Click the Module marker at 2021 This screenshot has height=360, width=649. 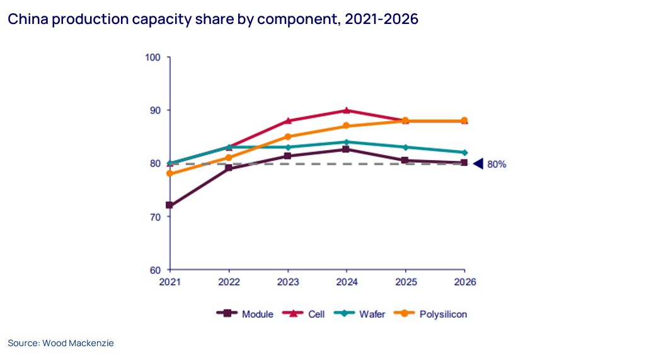click(170, 206)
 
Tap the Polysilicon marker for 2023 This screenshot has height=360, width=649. click(288, 137)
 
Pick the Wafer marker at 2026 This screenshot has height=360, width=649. click(464, 153)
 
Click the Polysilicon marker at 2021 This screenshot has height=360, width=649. click(170, 173)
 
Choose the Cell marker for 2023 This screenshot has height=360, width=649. click(288, 120)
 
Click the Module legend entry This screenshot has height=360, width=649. click(245, 314)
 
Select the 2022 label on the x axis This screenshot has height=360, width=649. click(229, 282)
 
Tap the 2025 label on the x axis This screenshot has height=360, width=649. click(405, 282)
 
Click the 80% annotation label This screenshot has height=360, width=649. click(497, 164)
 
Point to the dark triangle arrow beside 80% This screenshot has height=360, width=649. click(478, 164)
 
